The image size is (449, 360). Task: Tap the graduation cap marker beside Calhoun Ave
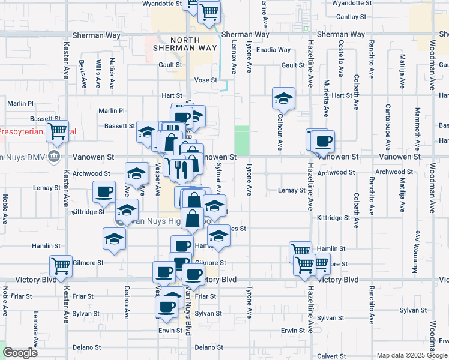point(283,97)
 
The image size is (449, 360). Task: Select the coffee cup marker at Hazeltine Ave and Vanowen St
point(324,142)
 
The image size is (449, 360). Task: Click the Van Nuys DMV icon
point(55,157)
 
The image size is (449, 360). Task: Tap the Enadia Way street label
point(273,50)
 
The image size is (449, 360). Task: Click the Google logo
point(20,353)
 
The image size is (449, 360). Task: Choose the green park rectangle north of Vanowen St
point(241,140)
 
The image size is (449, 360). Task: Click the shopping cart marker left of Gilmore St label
point(61,265)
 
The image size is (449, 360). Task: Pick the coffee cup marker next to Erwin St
point(166,306)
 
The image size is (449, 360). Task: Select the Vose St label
point(205,80)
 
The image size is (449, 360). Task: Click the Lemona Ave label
point(36,330)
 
